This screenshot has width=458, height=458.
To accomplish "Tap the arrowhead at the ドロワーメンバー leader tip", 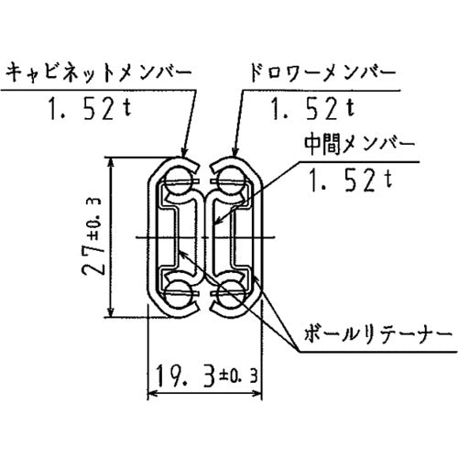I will pos(236,152).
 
